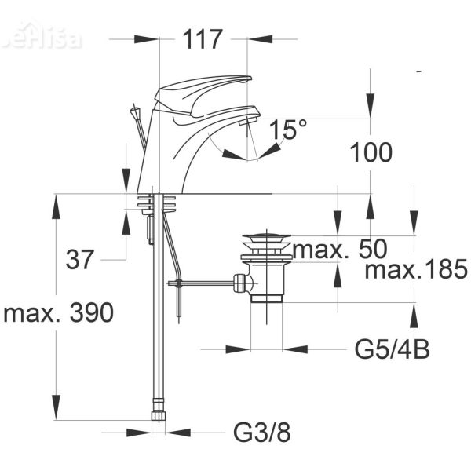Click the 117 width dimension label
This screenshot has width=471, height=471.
(203, 39)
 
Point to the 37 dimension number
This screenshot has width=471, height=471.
(80, 259)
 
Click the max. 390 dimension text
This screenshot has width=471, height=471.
(60, 313)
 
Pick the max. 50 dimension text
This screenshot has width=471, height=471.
(340, 250)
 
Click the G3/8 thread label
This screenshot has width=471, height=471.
(257, 432)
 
